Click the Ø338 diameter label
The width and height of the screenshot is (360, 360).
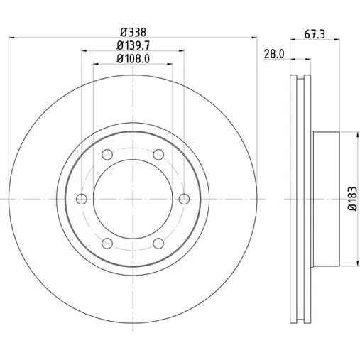133,32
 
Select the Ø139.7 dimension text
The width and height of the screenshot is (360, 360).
133,45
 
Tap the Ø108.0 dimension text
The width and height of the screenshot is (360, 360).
133,59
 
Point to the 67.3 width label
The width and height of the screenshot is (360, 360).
315,34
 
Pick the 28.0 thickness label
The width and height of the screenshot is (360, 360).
274,54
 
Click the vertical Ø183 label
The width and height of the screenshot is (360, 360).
352,199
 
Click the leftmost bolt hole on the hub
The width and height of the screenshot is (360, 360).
82,199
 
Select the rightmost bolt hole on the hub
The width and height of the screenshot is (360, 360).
184,199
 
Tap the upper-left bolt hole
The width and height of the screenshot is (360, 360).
107,155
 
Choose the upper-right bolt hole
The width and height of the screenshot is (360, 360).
158,155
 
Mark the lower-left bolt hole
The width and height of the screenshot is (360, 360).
107,244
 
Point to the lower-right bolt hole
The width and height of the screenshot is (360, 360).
158,244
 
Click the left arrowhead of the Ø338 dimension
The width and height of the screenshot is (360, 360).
11,38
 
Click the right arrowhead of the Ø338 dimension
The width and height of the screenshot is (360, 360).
254,38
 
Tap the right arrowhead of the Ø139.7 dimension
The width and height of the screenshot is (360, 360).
181,50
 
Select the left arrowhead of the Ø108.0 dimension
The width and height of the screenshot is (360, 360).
97,64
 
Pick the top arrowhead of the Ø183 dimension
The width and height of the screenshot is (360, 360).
356,135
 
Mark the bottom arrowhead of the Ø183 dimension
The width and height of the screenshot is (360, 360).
356,263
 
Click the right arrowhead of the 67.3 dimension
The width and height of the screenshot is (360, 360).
337,40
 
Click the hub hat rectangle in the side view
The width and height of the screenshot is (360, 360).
325,199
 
